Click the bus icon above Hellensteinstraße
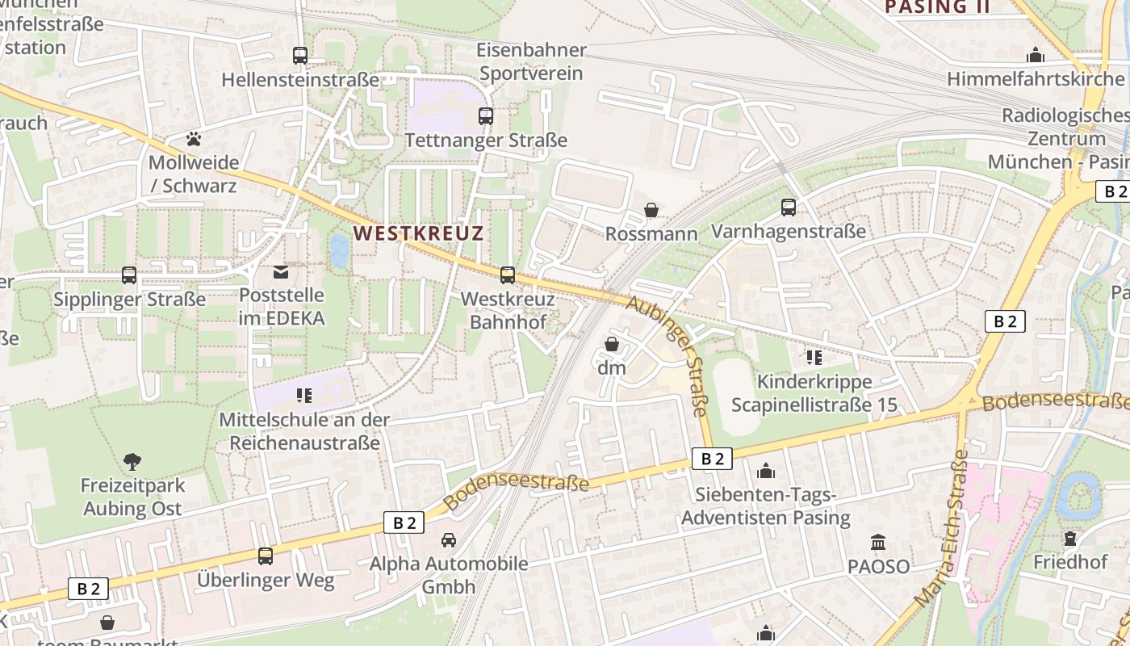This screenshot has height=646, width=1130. (300, 56)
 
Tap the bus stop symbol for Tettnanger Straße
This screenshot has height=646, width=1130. (486, 116)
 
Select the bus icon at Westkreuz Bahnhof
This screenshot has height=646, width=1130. (508, 275)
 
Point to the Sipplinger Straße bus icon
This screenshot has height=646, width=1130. (129, 275)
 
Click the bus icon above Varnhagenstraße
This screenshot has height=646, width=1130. (789, 208)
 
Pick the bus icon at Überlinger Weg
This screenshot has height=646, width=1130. (266, 556)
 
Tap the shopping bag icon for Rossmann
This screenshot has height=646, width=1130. (651, 211)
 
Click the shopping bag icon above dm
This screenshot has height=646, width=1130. (612, 345)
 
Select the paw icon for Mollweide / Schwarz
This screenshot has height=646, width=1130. (194, 139)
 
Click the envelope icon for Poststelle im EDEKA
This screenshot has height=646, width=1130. (281, 272)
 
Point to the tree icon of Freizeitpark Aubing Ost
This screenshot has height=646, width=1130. (132, 462)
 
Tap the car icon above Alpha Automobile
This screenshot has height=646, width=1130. (449, 539)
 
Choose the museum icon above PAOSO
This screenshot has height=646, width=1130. (878, 543)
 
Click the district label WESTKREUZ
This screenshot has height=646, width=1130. (419, 234)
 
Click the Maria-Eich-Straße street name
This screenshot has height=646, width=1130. (941, 530)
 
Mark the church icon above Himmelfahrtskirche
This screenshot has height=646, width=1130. (1036, 55)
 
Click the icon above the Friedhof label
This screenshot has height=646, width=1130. (1070, 538)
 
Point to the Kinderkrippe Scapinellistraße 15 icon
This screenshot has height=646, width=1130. (814, 357)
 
